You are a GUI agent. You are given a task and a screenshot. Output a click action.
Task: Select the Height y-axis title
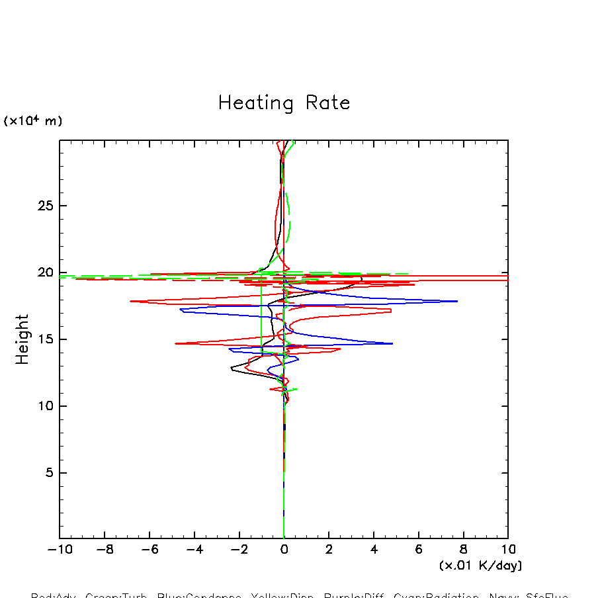click(x=23, y=339)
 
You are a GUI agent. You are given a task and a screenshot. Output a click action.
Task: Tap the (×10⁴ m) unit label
click(x=33, y=121)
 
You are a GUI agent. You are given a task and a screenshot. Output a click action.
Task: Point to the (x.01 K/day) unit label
click(x=480, y=566)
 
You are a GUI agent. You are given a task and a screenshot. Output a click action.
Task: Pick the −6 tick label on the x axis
click(x=149, y=550)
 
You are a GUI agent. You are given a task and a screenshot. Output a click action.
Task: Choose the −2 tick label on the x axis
click(x=239, y=550)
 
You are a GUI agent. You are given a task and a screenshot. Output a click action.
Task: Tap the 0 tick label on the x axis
click(x=284, y=550)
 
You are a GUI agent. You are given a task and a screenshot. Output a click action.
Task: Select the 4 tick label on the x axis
click(x=374, y=550)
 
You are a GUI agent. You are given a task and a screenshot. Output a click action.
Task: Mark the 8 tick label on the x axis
click(x=463, y=550)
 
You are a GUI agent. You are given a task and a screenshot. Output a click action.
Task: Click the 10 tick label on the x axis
click(x=508, y=550)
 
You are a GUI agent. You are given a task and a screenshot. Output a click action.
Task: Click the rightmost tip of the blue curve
click(x=458, y=301)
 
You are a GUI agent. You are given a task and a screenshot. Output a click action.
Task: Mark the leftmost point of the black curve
click(x=231, y=368)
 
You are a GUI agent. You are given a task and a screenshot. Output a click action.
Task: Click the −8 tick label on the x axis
click(x=105, y=550)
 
